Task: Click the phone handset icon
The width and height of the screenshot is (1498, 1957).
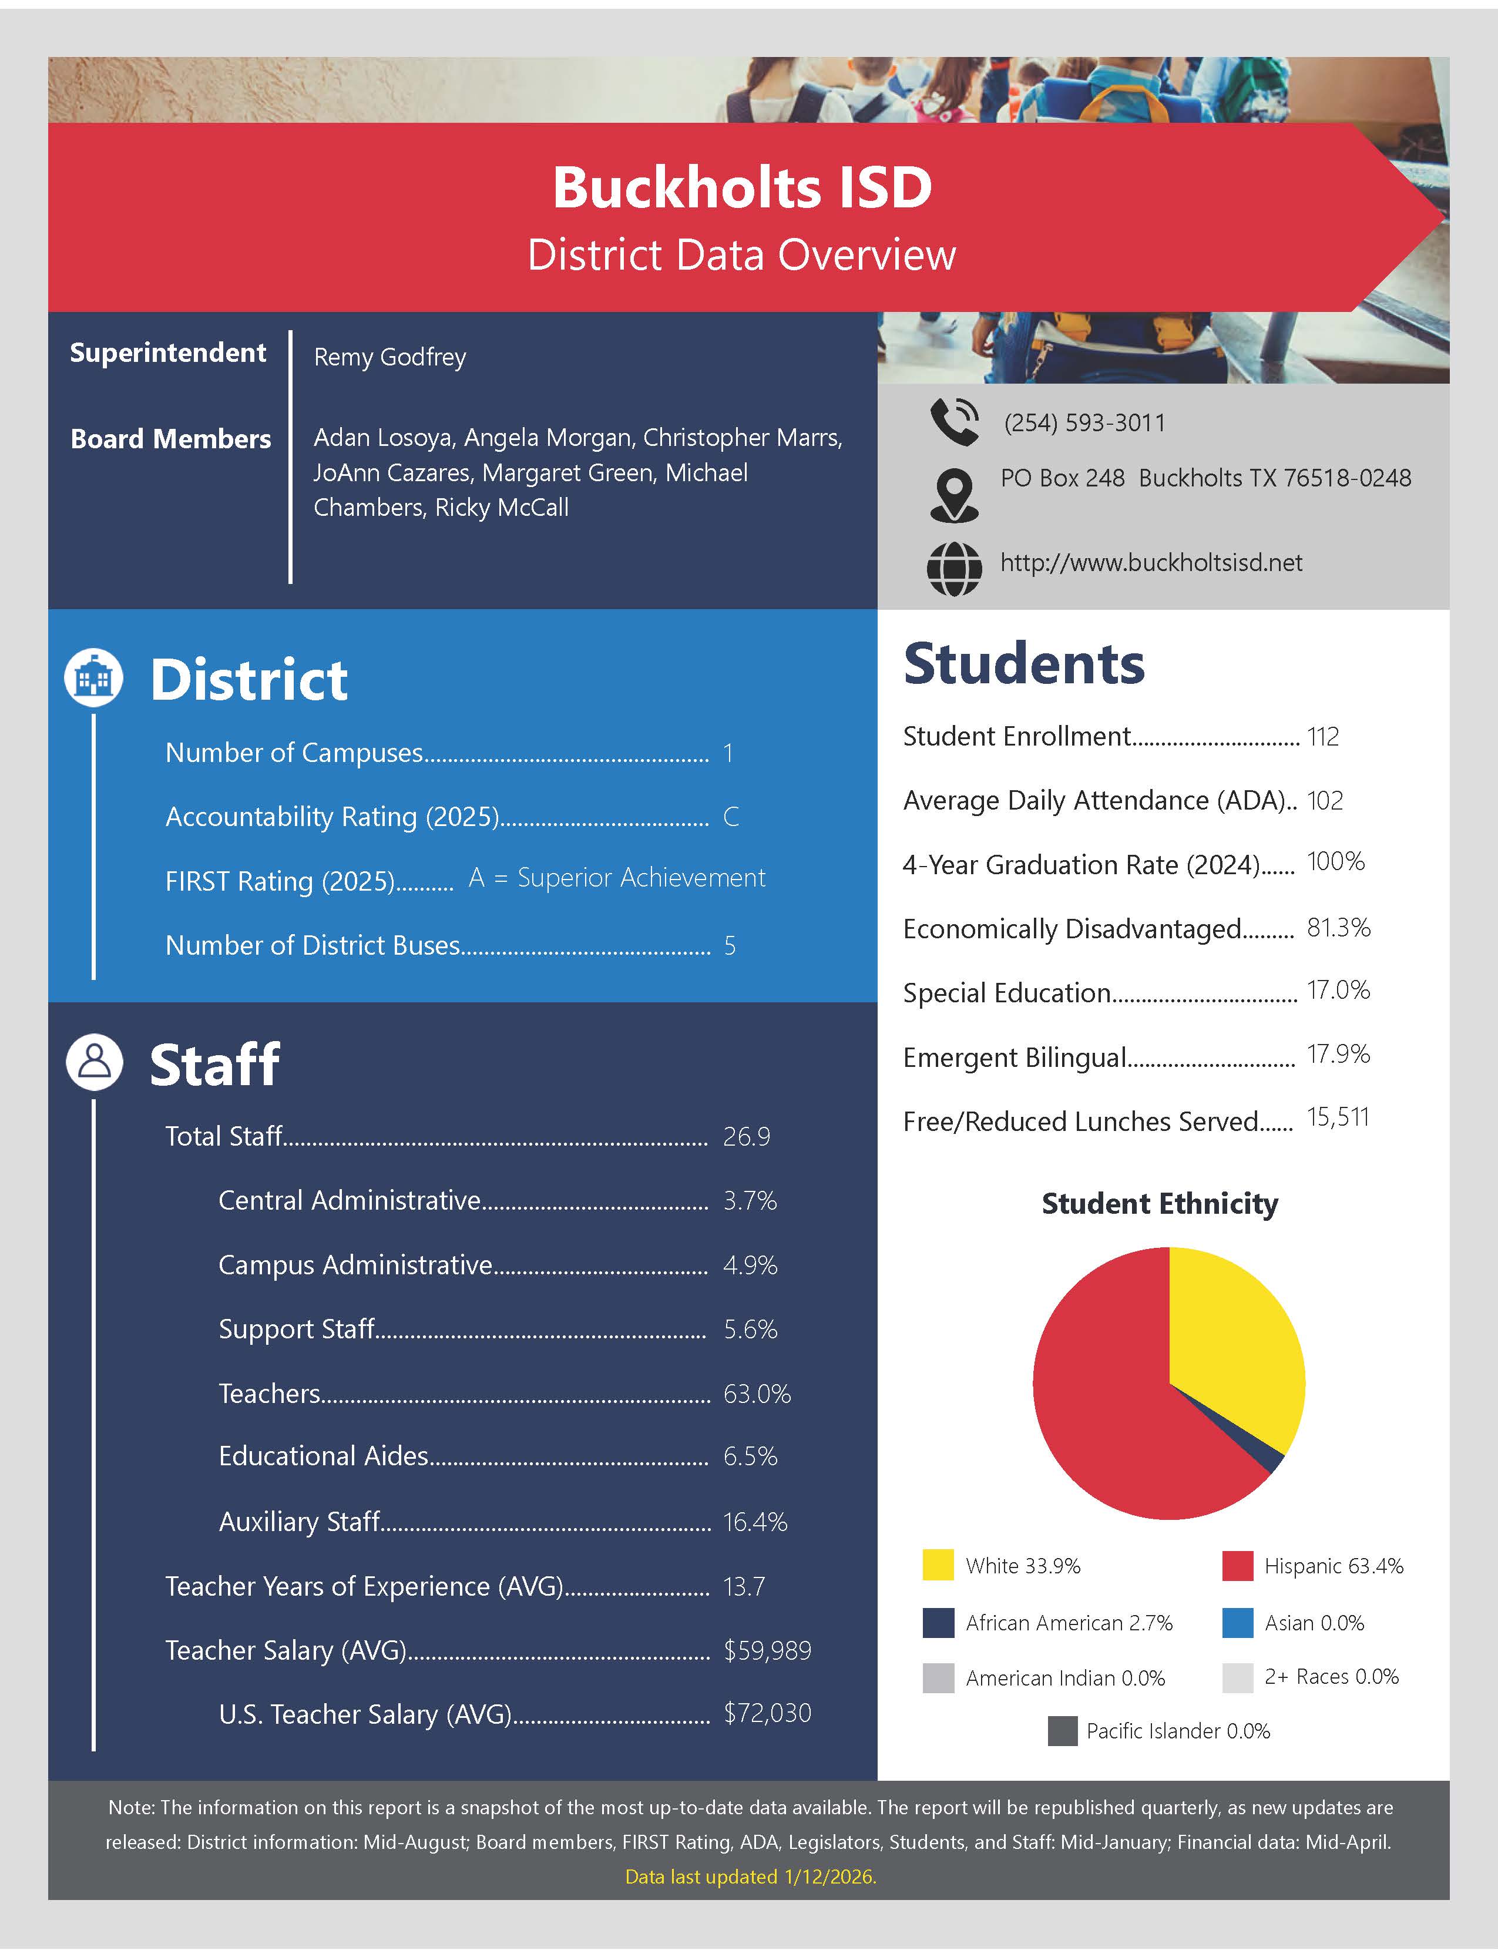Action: [953, 422]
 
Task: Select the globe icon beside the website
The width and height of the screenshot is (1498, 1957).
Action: [954, 568]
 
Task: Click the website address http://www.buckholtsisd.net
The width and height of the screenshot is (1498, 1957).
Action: [1150, 563]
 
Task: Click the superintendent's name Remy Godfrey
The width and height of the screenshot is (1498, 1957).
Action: [389, 357]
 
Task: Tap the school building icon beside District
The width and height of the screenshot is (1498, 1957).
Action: [93, 677]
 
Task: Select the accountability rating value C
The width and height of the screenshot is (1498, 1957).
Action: [730, 817]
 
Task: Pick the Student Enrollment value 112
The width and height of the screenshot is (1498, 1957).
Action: [1322, 736]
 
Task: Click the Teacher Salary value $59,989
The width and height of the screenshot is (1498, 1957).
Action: [767, 1650]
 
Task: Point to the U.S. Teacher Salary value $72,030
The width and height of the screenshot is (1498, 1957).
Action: [767, 1713]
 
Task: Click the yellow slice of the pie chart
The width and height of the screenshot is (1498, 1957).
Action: [1235, 1337]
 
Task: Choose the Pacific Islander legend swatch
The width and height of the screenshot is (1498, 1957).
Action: [1062, 1731]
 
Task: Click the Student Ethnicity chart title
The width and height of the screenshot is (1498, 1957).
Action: [1159, 1204]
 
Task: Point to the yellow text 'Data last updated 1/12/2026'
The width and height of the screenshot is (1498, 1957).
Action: [750, 1876]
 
